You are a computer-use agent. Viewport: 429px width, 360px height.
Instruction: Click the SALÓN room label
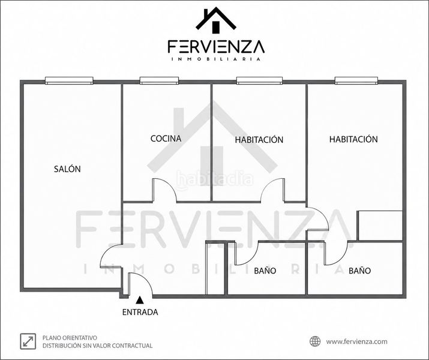[67, 169]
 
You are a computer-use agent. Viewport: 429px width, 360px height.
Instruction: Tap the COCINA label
[166, 139]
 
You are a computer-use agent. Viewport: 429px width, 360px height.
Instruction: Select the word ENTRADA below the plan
[140, 312]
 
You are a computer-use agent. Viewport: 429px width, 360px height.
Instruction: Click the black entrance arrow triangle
[140, 300]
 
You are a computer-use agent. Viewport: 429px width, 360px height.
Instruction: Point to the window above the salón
[69, 80]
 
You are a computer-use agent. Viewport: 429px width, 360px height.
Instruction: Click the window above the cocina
[159, 80]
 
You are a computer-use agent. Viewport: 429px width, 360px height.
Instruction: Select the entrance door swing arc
[146, 279]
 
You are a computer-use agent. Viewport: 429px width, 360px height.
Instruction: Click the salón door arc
[106, 250]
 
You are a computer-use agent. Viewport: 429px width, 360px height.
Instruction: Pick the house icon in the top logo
[216, 19]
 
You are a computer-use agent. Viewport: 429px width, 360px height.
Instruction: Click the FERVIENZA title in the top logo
[216, 47]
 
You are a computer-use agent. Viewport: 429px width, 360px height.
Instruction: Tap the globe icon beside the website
[315, 341]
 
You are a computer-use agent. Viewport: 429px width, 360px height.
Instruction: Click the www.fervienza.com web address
[357, 341]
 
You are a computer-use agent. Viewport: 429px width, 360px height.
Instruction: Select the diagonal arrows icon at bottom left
[28, 341]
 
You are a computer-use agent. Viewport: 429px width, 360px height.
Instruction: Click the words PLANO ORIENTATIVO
[70, 338]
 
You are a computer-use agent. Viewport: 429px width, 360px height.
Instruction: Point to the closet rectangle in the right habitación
[380, 226]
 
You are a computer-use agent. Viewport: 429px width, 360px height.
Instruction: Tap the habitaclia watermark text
[215, 179]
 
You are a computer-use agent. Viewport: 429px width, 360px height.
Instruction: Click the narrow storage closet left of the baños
[215, 268]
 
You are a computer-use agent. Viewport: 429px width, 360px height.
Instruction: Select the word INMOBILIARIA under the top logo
[216, 59]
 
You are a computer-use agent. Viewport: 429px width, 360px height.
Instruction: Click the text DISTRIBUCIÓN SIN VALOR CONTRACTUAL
[97, 346]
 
